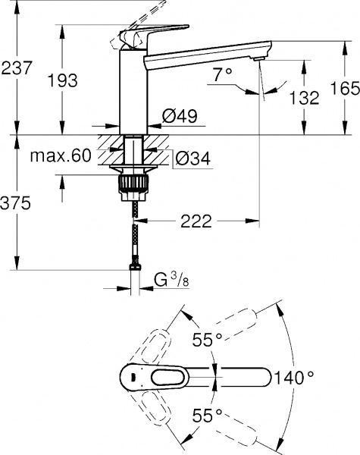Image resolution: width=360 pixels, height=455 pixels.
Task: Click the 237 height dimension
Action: point(16,67)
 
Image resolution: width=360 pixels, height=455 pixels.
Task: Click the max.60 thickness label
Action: point(61,157)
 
